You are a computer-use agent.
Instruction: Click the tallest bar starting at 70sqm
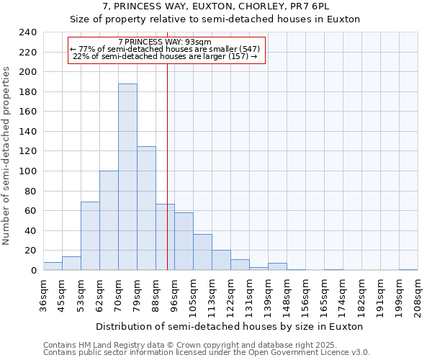(x=127, y=177)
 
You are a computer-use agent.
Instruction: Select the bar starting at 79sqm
(x=146, y=208)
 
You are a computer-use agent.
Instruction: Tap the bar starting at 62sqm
(x=109, y=220)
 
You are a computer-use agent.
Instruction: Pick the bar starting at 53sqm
(x=90, y=236)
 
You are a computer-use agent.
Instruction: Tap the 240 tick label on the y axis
(x=28, y=32)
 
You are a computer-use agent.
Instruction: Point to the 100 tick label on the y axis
(x=28, y=171)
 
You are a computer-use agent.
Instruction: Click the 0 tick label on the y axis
(x=33, y=271)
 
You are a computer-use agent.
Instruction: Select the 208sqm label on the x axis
(x=418, y=295)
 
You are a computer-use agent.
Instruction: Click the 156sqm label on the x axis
(x=305, y=295)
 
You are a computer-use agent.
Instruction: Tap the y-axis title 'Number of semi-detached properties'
(x=7, y=156)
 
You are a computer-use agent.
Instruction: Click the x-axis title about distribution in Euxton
(x=229, y=326)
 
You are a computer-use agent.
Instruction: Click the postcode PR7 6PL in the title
(x=312, y=6)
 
